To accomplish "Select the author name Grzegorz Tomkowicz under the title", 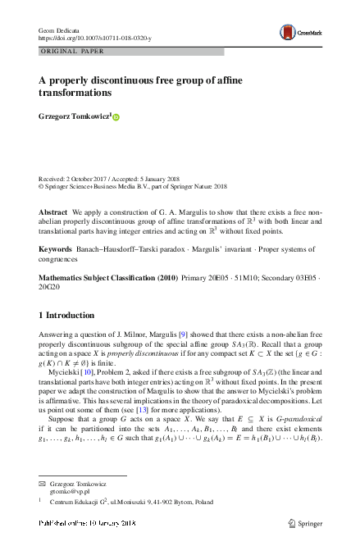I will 75,116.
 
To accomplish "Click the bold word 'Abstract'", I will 52,212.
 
